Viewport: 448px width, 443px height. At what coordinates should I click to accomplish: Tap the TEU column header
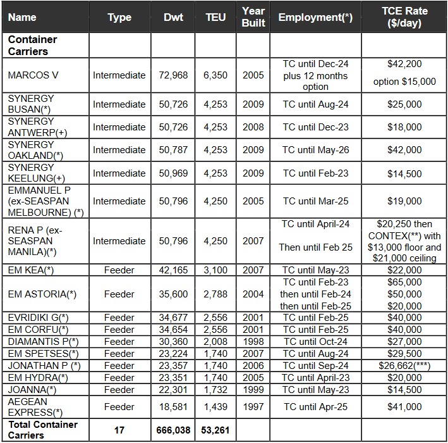215,18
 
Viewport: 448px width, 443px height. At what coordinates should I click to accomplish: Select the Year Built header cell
253,18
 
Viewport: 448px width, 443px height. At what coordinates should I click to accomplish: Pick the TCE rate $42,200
404,64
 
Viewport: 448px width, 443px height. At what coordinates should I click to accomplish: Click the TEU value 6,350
215,75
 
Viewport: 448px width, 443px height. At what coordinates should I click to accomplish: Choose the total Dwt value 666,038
173,430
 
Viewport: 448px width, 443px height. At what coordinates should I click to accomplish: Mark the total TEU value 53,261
215,430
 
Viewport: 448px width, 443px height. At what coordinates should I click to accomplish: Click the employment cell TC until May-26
315,150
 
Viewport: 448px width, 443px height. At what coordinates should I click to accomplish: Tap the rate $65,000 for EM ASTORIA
404,282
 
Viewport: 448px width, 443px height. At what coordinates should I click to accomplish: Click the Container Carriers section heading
33,45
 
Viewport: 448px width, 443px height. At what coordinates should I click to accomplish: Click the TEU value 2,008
215,341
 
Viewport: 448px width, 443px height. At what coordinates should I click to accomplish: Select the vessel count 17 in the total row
119,430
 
